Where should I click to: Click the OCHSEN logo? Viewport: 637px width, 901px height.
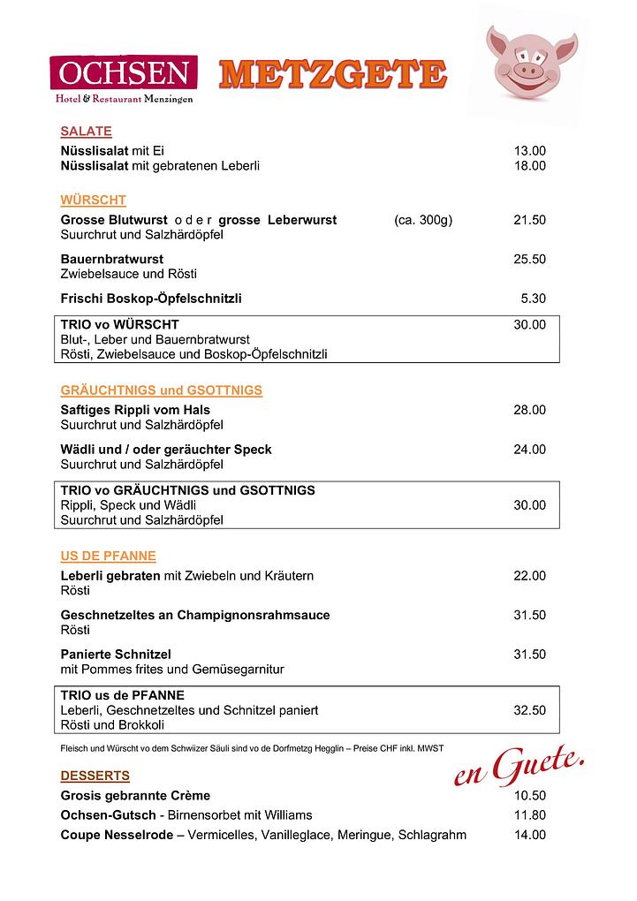(123, 78)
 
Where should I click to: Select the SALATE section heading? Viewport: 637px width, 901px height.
(86, 132)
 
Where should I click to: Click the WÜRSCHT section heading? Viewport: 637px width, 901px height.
(93, 201)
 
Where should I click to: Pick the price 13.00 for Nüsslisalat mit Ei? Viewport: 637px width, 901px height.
(529, 150)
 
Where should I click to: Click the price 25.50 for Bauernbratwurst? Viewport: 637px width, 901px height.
(529, 259)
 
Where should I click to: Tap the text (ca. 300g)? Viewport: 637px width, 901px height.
(422, 220)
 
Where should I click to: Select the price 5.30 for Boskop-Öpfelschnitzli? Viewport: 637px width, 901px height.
(533, 299)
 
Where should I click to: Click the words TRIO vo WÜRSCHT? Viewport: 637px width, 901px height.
(119, 325)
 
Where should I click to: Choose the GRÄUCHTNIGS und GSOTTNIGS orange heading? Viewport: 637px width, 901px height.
(161, 390)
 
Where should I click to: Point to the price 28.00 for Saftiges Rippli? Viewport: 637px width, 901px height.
(529, 410)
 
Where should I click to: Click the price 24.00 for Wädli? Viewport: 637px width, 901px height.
(529, 449)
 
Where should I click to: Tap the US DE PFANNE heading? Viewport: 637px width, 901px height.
(108, 556)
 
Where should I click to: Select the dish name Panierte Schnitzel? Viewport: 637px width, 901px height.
(116, 655)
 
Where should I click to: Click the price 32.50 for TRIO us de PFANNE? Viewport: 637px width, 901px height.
(529, 709)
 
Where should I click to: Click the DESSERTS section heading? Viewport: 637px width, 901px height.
(95, 776)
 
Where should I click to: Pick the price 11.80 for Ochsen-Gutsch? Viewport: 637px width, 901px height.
(529, 814)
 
